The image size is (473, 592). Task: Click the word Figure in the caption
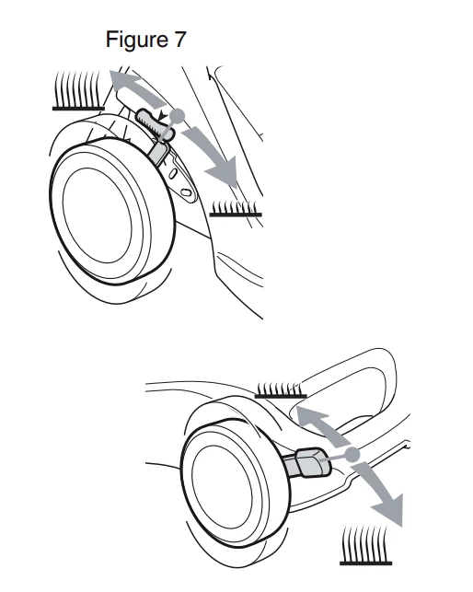point(136,40)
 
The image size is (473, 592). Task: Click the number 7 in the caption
point(179,40)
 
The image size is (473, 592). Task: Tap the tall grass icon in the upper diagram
point(78,90)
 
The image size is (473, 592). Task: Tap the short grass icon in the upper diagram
point(236,209)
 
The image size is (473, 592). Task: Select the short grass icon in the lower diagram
point(281,390)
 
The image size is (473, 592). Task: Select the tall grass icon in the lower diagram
point(365,545)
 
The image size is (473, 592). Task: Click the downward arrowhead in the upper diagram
point(224,172)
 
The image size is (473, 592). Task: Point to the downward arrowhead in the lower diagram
point(389,510)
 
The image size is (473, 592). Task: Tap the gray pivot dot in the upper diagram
point(177,115)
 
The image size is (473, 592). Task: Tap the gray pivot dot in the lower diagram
point(352,454)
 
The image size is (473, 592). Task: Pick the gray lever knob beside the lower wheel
point(313,462)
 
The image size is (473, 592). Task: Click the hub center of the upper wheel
point(98,215)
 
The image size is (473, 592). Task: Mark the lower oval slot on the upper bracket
point(186,192)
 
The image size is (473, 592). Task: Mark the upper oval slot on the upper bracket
point(173,174)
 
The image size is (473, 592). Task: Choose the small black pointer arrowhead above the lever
point(163,115)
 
